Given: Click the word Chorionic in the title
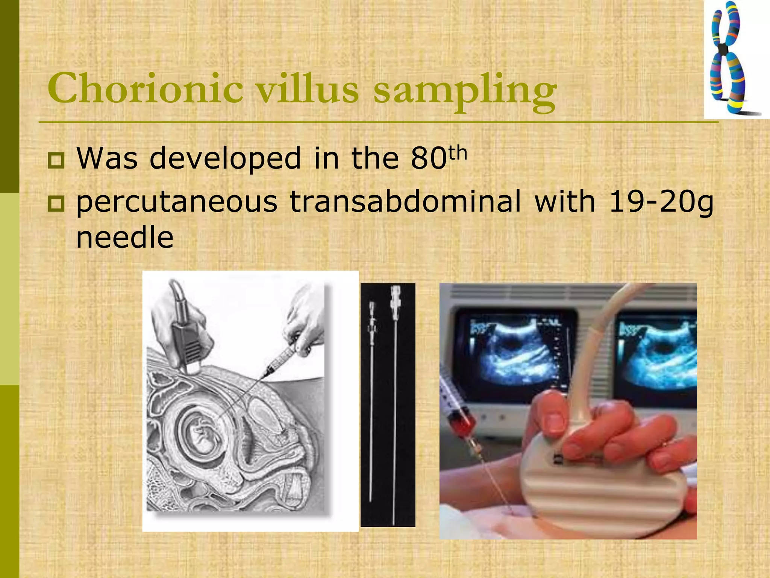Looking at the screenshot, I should click(145, 89).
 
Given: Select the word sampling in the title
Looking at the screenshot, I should click(465, 90).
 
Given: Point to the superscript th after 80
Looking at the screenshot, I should click(458, 153).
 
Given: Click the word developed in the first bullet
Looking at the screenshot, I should click(225, 158).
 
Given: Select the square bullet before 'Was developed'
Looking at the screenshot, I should click(56, 160).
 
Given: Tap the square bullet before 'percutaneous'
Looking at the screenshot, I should click(56, 204).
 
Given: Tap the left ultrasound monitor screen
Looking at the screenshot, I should click(515, 354).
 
